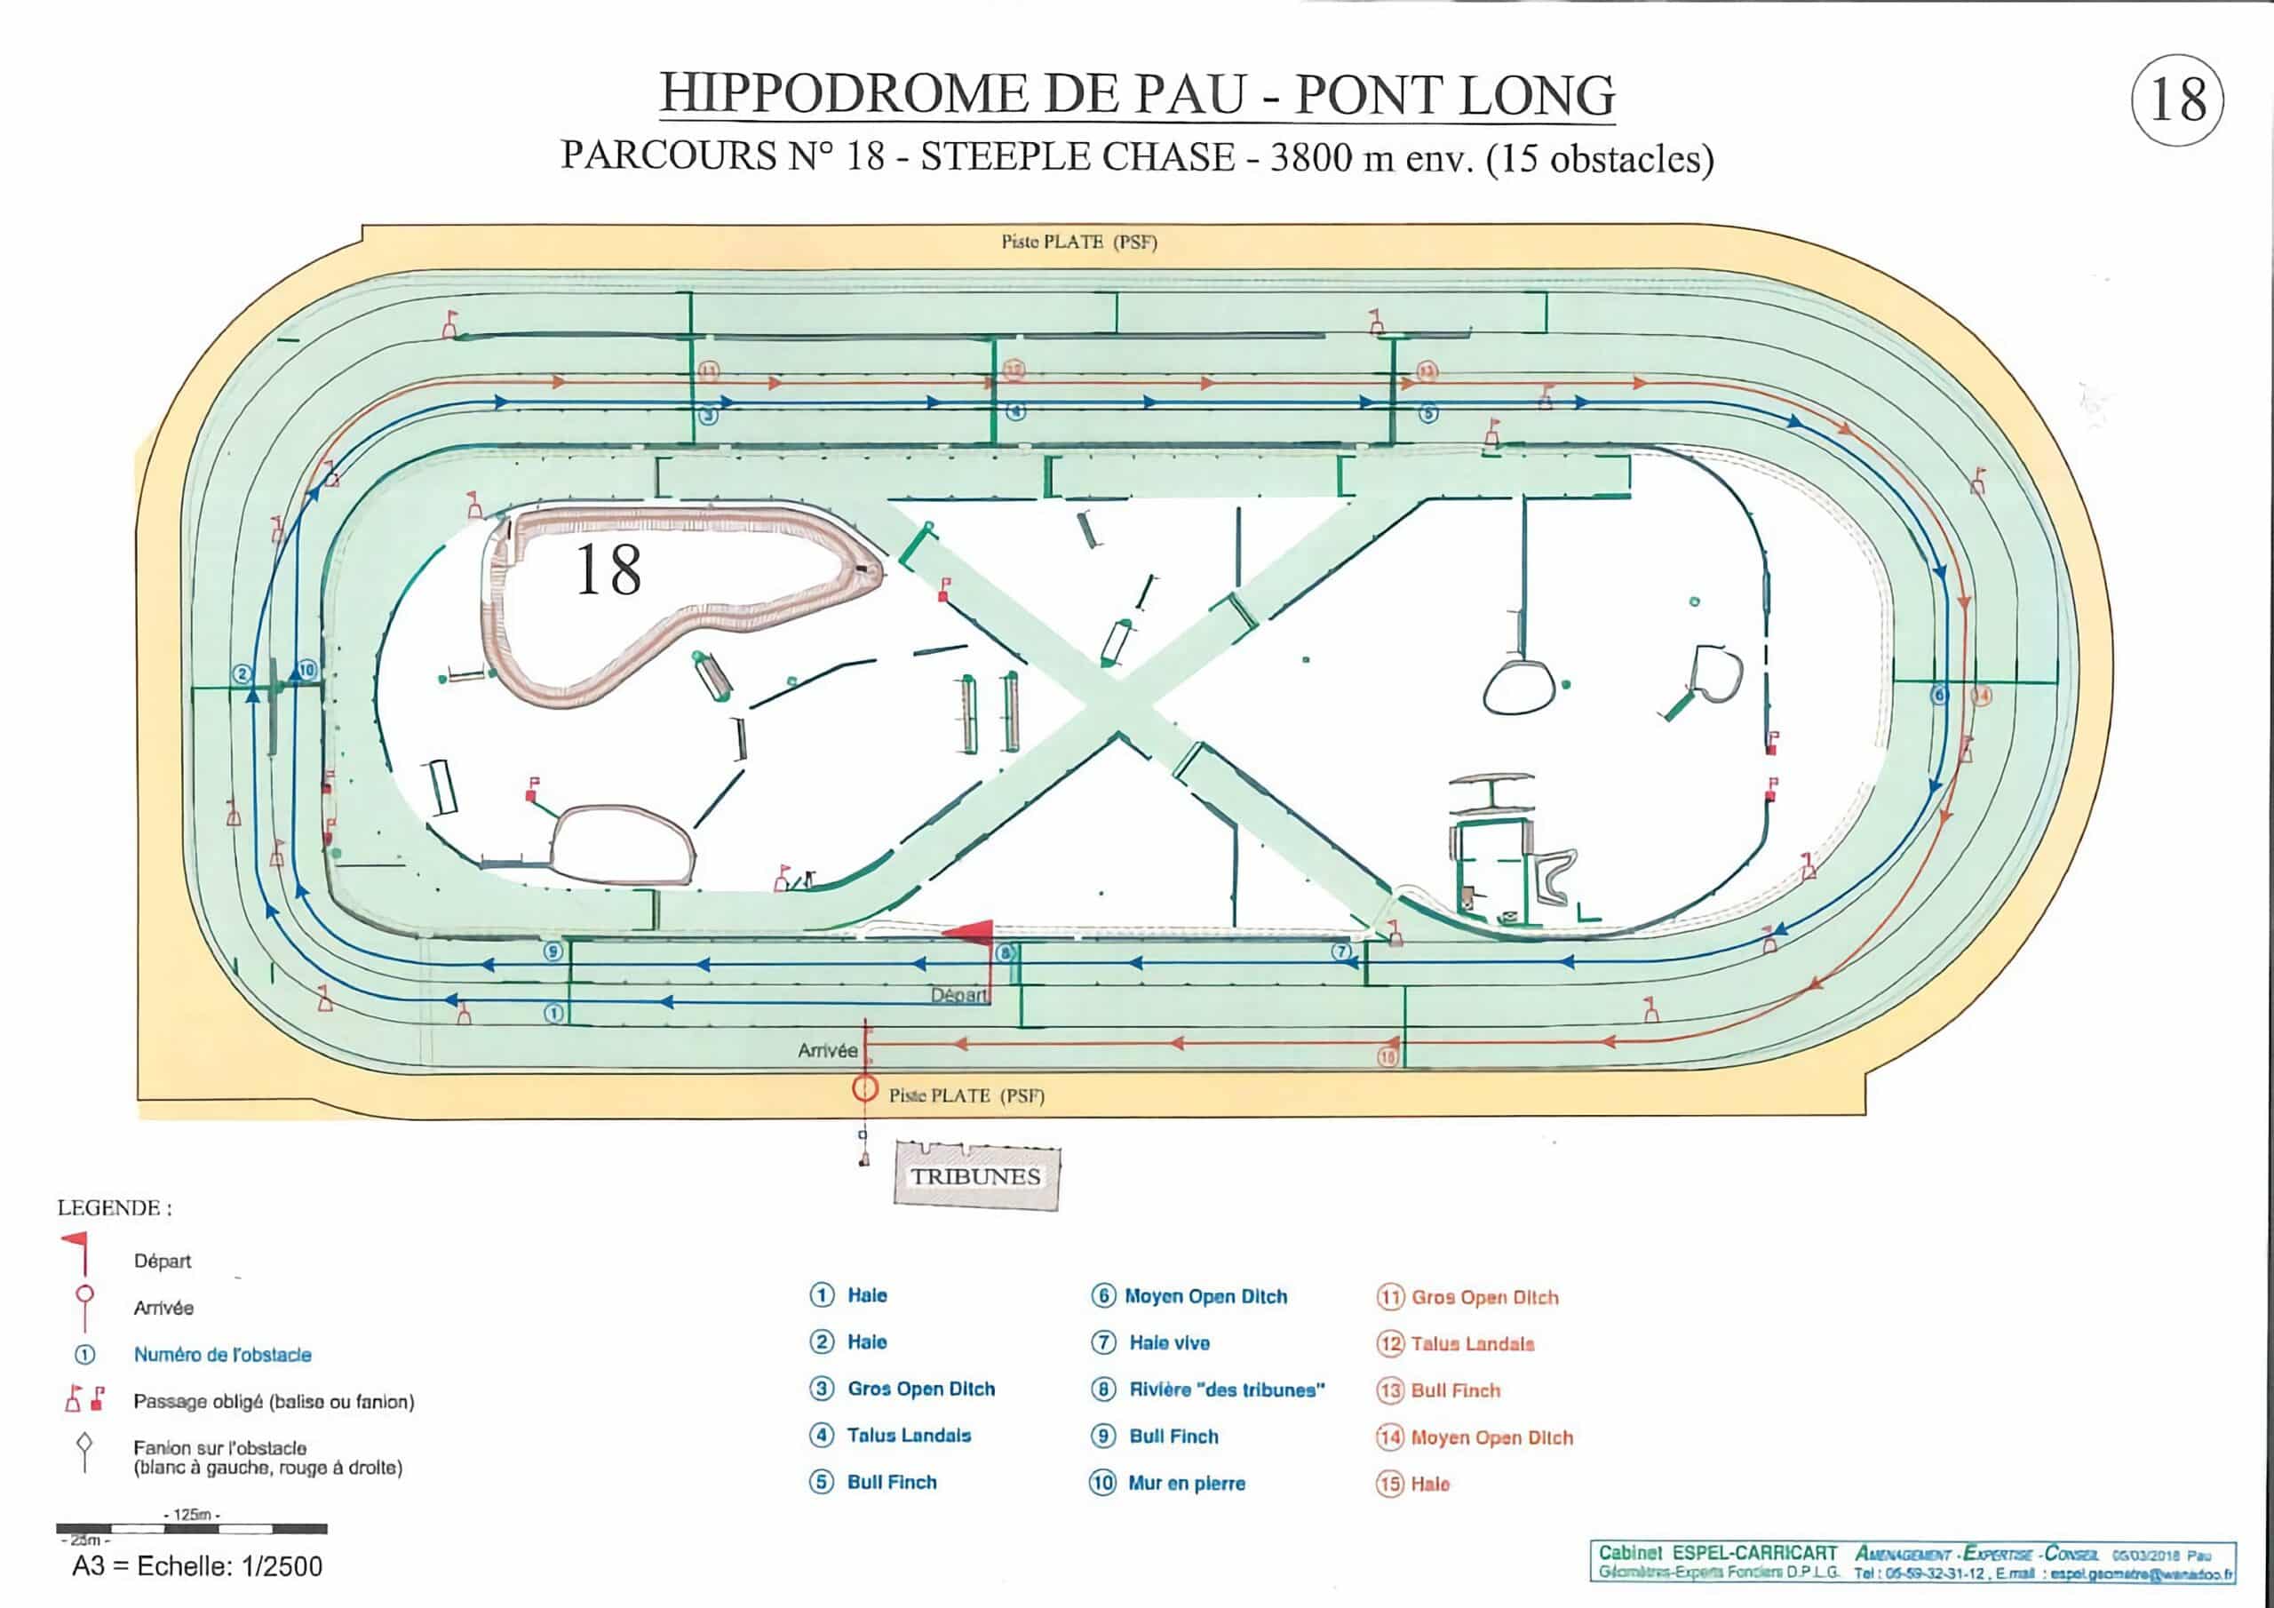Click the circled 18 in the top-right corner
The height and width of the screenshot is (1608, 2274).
pos(2177,100)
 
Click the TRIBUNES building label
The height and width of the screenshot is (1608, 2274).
pos(975,1176)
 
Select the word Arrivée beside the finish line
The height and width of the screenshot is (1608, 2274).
pos(827,1050)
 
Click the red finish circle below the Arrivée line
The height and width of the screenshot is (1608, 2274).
pos(864,1089)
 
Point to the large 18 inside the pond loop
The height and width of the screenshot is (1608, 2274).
pos(608,570)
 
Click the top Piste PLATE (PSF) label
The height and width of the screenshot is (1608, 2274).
pos(1078,242)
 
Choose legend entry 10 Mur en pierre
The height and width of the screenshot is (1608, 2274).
pos(1186,1483)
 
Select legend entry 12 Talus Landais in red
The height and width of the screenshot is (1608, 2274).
pos(1472,1343)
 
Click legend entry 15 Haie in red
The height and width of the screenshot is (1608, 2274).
pos(1429,1485)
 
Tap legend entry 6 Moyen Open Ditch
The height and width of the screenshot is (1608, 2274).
pos(1205,1296)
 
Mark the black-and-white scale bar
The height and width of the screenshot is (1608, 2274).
pos(191,1529)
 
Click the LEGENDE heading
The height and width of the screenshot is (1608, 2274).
pos(114,1207)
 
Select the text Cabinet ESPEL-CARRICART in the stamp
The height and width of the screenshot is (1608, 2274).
pos(1717,1553)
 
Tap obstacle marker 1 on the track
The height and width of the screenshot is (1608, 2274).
pos(554,1014)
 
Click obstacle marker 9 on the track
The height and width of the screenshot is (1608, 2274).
pos(553,951)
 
